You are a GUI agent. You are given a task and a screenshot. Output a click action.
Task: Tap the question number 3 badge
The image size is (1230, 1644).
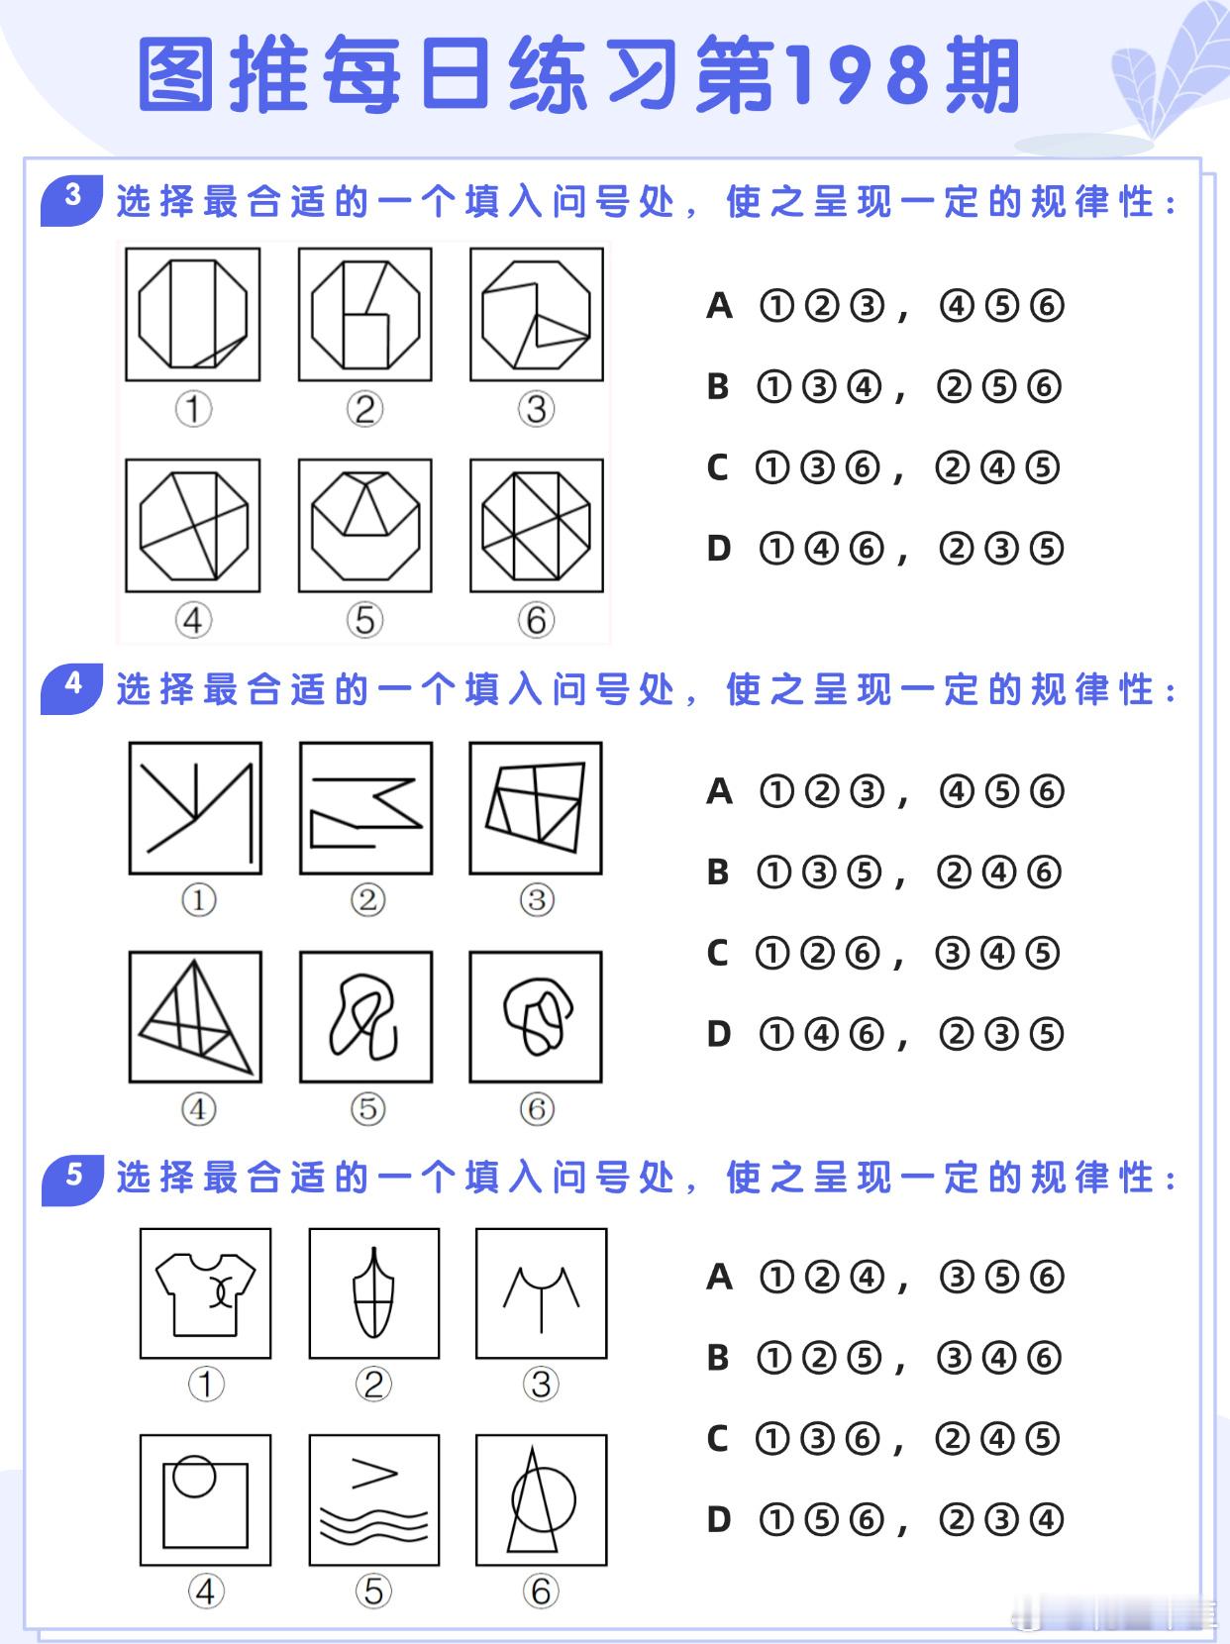72,201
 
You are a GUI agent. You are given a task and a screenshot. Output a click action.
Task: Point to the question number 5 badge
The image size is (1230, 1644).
72,1180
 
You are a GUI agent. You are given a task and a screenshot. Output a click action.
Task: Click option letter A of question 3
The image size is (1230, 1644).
719,306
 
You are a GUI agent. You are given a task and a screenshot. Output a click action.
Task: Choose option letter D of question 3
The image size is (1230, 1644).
719,549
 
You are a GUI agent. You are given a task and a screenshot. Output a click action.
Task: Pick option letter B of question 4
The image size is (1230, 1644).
718,872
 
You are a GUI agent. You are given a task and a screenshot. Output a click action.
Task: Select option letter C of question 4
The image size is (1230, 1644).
717,953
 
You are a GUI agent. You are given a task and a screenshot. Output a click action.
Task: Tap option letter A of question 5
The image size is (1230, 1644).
719,1277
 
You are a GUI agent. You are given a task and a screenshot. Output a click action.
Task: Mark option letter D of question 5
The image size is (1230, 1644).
719,1519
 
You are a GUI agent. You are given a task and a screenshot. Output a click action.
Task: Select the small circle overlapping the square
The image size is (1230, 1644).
194,1477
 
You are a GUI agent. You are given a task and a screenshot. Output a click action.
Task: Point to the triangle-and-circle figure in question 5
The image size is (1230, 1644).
542,1500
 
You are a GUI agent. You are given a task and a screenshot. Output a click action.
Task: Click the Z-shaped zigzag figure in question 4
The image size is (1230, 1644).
366,813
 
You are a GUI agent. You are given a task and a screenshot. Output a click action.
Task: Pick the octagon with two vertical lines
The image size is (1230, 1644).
193,314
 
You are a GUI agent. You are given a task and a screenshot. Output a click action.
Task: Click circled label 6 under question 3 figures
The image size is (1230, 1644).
536,620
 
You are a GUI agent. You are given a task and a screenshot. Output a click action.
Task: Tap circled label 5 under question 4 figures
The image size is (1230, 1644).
367,1109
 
